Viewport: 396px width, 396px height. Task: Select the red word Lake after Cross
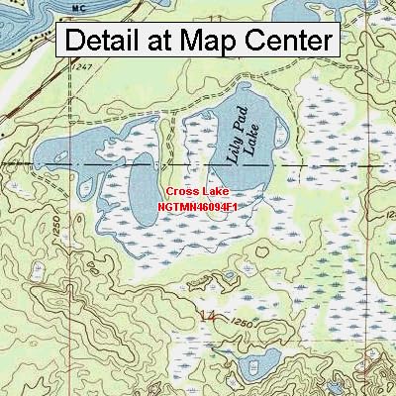(215, 190)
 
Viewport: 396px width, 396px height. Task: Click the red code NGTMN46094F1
(198, 206)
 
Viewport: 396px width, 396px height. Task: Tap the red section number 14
(208, 317)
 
